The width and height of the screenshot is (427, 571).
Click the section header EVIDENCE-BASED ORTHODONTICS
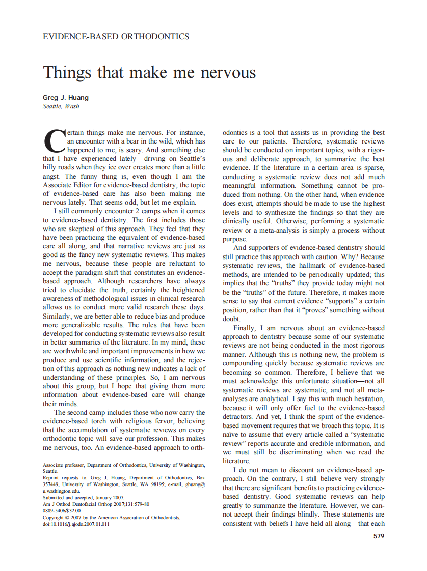(116, 37)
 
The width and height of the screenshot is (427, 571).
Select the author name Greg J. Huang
(65, 97)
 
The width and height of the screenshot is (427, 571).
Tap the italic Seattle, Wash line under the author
(61, 106)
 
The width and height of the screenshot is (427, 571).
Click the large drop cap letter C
(54, 140)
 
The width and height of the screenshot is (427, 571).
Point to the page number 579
(379, 536)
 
